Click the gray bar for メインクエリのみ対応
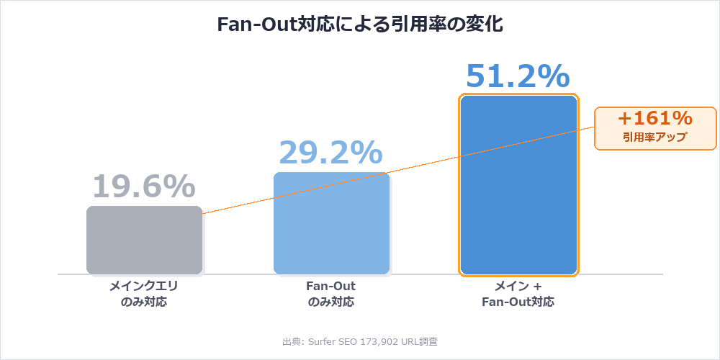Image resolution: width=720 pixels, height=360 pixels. pyautogui.click(x=144, y=240)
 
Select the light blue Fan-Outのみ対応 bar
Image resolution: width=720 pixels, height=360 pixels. pyautogui.click(x=331, y=223)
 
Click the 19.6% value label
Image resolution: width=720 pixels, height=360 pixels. pyautogui.click(x=143, y=186)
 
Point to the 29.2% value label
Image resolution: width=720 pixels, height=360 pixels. pyautogui.click(x=330, y=152)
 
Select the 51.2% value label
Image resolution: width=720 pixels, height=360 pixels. pyautogui.click(x=518, y=76)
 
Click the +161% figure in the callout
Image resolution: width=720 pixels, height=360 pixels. pyautogui.click(x=655, y=118)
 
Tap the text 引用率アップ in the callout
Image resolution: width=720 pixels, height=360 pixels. pyautogui.click(x=655, y=136)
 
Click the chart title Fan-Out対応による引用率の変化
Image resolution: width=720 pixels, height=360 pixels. pyautogui.click(x=360, y=24)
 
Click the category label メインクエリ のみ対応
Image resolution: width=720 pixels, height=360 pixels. pyautogui.click(x=144, y=294)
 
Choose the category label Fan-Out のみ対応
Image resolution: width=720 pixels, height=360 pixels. pyautogui.click(x=331, y=294)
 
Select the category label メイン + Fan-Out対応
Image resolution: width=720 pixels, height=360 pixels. pyautogui.click(x=518, y=294)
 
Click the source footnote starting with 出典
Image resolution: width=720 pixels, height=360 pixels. pyautogui.click(x=360, y=341)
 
